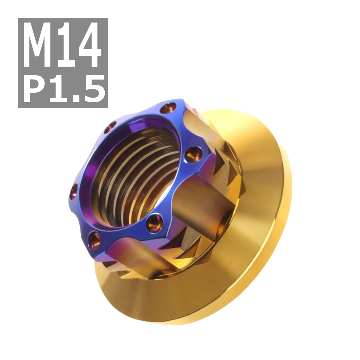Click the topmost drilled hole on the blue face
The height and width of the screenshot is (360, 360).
(x=167, y=108)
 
